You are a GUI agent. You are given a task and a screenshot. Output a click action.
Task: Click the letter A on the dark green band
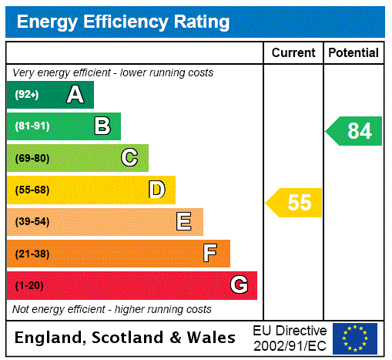[75, 95]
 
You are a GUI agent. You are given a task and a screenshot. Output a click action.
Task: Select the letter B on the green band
[102, 126]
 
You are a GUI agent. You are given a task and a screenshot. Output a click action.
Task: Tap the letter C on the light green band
[129, 158]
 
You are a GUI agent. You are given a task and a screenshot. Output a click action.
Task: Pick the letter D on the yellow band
[156, 190]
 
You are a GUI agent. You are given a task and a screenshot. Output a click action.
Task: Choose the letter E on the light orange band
[183, 222]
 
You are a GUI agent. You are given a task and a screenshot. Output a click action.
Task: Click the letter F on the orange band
[210, 254]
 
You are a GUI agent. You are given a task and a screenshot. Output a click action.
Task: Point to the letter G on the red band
[239, 285]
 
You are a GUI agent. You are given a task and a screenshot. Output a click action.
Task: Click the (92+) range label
[27, 95]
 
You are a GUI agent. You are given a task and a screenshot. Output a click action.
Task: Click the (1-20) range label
[29, 285]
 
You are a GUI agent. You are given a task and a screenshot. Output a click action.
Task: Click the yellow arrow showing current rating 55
[295, 203]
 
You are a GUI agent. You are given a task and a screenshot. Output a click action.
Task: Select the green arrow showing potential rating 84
[354, 131]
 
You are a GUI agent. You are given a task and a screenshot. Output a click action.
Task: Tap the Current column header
[293, 53]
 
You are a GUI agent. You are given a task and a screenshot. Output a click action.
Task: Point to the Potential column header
[353, 53]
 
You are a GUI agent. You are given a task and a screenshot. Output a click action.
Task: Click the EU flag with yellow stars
[355, 338]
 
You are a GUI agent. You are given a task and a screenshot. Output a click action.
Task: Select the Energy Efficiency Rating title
[123, 22]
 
